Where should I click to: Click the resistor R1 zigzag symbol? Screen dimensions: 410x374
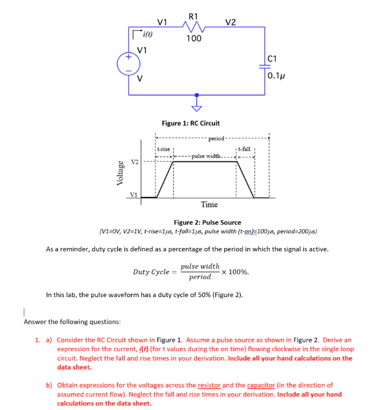tap(193, 26)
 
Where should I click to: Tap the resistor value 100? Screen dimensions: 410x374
tap(194, 38)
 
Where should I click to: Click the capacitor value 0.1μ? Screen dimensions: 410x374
tap(277, 76)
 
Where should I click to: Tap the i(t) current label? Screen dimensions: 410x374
tap(147, 35)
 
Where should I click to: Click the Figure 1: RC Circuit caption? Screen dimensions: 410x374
tap(191, 123)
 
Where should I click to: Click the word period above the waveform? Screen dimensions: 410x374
tap(217, 139)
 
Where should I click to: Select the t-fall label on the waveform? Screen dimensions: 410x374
tap(244, 149)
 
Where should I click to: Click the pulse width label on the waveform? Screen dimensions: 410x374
tap(206, 156)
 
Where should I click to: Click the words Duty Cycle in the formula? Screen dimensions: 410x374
tap(151, 272)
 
